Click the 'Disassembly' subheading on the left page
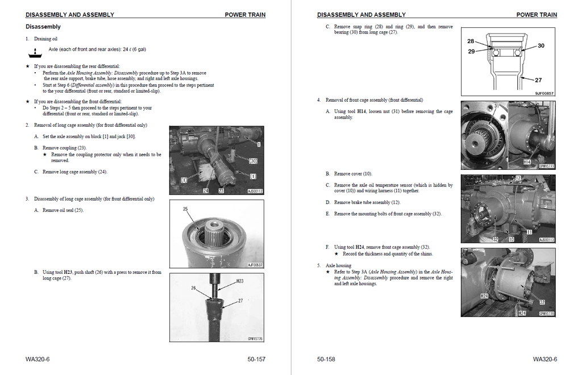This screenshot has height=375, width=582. click(43, 27)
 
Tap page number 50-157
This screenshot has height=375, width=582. click(256, 359)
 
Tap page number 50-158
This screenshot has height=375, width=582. click(326, 359)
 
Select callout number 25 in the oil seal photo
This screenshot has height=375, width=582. click(185, 210)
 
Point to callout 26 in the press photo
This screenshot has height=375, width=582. click(194, 288)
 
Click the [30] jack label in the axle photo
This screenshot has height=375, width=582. click(253, 161)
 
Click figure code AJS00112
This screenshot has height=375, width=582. click(255, 191)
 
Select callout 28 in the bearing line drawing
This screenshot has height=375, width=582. click(471, 41)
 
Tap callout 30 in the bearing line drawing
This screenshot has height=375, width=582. click(541, 45)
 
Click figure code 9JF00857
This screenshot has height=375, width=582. click(544, 94)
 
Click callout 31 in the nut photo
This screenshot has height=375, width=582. click(496, 106)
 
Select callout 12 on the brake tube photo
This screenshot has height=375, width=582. click(518, 178)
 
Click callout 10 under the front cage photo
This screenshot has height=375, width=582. click(511, 239)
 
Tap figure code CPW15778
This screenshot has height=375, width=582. click(546, 313)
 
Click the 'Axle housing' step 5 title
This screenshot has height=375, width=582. click(338, 265)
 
